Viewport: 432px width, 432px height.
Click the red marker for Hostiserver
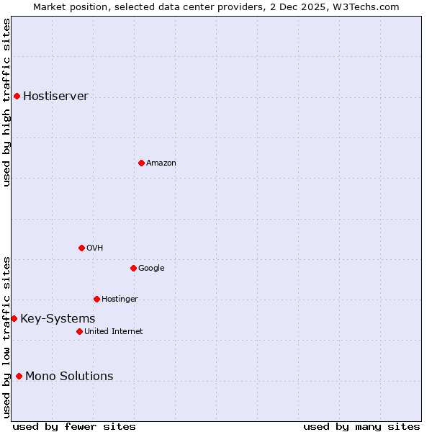[x=17, y=96]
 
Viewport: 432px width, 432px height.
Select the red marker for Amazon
[x=141, y=163]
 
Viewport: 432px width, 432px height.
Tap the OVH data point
[x=81, y=248]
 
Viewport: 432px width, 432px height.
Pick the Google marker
[x=133, y=268]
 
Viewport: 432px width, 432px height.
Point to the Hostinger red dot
[x=96, y=299]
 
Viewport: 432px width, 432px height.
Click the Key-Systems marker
[x=14, y=318]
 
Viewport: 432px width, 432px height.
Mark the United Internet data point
[x=79, y=331]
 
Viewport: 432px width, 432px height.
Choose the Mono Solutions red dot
[x=19, y=376]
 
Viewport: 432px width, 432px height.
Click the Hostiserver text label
[x=55, y=96]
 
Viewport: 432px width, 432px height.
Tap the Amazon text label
[x=161, y=163]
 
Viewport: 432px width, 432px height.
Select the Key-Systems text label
[x=58, y=318]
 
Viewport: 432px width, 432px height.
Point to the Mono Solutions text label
[x=69, y=376]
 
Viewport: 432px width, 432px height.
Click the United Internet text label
[x=113, y=331]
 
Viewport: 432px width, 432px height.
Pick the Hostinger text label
[x=120, y=299]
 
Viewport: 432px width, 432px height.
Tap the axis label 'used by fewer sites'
[x=74, y=426]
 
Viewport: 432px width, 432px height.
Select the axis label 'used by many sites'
[x=361, y=426]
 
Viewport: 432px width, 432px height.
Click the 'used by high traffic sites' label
[x=6, y=102]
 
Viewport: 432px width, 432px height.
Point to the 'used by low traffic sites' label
[x=6, y=336]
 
